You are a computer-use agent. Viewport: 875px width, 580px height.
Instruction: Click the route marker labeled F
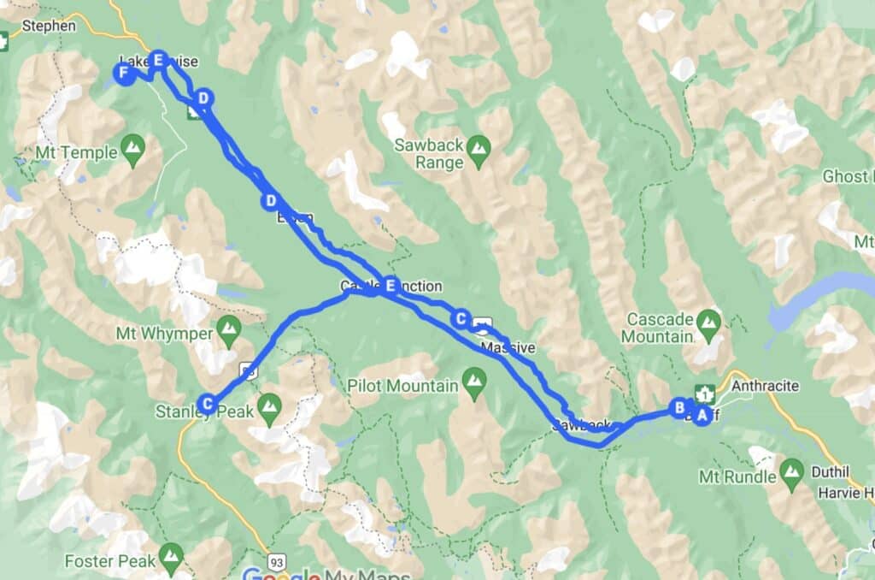click(x=124, y=75)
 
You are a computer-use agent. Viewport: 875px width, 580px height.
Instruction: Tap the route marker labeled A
click(x=702, y=416)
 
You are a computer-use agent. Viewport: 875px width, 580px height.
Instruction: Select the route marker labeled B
click(x=679, y=408)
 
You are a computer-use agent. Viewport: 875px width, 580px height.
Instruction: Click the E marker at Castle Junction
click(x=391, y=286)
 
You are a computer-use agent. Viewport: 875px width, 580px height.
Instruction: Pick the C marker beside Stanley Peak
click(x=207, y=403)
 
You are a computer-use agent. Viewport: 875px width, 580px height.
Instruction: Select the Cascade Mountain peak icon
click(x=708, y=323)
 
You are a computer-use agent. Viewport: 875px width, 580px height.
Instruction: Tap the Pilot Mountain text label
click(x=402, y=386)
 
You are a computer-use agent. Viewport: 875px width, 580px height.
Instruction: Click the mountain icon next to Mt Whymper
click(x=228, y=328)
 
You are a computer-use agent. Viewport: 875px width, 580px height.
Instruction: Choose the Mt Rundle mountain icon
click(x=791, y=470)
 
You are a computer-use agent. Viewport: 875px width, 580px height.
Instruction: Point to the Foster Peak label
click(x=111, y=561)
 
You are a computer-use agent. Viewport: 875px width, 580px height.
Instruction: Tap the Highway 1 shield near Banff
click(x=705, y=394)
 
